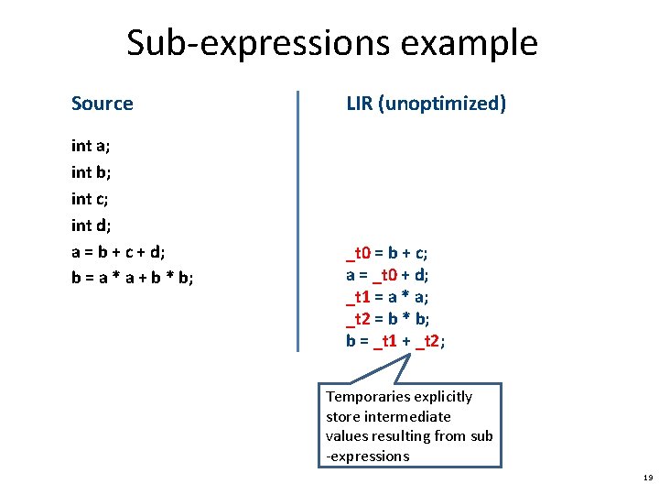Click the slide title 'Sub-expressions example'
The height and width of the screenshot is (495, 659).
[332, 43]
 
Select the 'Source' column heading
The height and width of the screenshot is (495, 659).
[103, 104]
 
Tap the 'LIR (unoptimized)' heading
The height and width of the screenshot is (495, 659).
[426, 104]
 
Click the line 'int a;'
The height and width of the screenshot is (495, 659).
[91, 146]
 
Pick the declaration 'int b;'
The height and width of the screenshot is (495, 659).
[91, 172]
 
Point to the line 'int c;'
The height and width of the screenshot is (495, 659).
[91, 199]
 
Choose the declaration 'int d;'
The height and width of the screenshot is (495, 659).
[91, 225]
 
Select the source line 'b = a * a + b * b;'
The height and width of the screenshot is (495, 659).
[132, 278]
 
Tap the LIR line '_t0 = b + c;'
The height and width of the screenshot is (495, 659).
[387, 252]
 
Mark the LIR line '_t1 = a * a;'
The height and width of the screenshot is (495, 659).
[387, 296]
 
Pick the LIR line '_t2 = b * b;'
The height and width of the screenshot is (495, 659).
[387, 318]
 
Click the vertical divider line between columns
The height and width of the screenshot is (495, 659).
[298, 220]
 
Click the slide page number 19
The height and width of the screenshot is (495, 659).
[648, 478]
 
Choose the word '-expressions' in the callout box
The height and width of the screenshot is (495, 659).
[367, 456]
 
